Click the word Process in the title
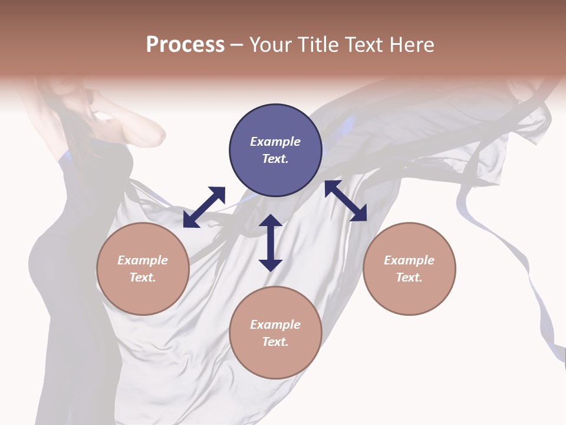[x=185, y=45]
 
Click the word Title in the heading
[x=319, y=45]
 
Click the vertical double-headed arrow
[x=271, y=243]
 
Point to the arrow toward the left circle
[x=204, y=207]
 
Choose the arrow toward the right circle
[x=345, y=201]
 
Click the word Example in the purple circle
[x=275, y=142]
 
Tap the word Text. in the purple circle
[x=275, y=159]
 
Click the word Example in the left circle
[x=143, y=260]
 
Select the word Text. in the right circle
[x=409, y=277]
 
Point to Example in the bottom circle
[x=275, y=325]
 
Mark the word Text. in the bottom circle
[x=275, y=342]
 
